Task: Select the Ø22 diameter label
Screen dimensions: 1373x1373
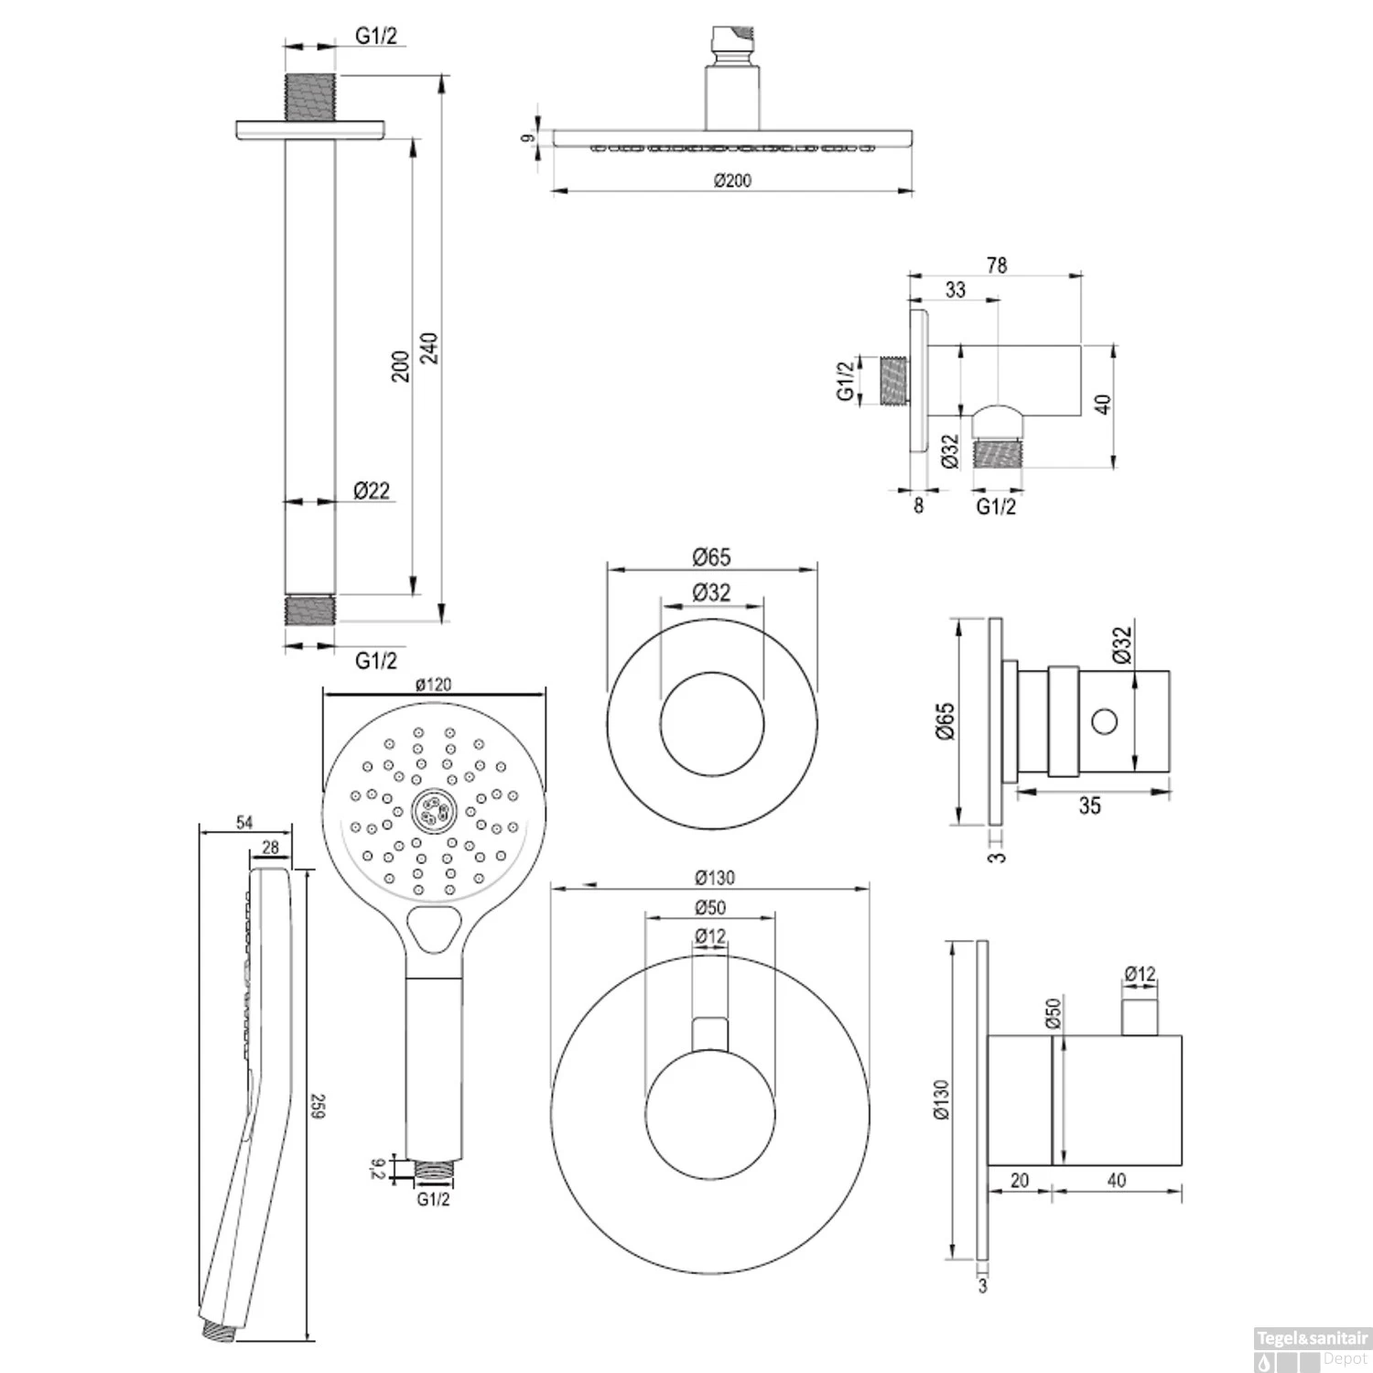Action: click(x=372, y=491)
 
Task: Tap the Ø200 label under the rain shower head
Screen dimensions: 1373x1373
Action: click(x=732, y=180)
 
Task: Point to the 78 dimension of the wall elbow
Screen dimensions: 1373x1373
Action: click(x=997, y=265)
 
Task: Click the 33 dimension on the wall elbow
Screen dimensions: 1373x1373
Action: click(x=955, y=289)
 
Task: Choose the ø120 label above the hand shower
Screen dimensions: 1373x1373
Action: click(x=433, y=684)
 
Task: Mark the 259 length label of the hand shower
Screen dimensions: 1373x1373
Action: click(x=318, y=1106)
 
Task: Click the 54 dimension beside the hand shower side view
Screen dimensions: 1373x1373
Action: click(x=244, y=822)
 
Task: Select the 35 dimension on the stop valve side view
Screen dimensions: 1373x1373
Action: click(x=1089, y=805)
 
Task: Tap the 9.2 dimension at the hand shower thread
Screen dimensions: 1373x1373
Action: click(x=377, y=1169)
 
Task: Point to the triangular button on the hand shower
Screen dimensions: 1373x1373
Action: click(x=433, y=931)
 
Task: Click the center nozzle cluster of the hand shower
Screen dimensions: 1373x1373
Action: click(x=433, y=810)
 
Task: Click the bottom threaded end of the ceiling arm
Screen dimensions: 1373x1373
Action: click(x=309, y=611)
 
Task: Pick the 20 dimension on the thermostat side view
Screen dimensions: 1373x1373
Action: click(x=1019, y=1181)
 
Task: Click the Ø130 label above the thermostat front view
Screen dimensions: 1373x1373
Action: click(x=714, y=878)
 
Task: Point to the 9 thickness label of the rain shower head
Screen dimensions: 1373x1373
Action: click(x=526, y=138)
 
